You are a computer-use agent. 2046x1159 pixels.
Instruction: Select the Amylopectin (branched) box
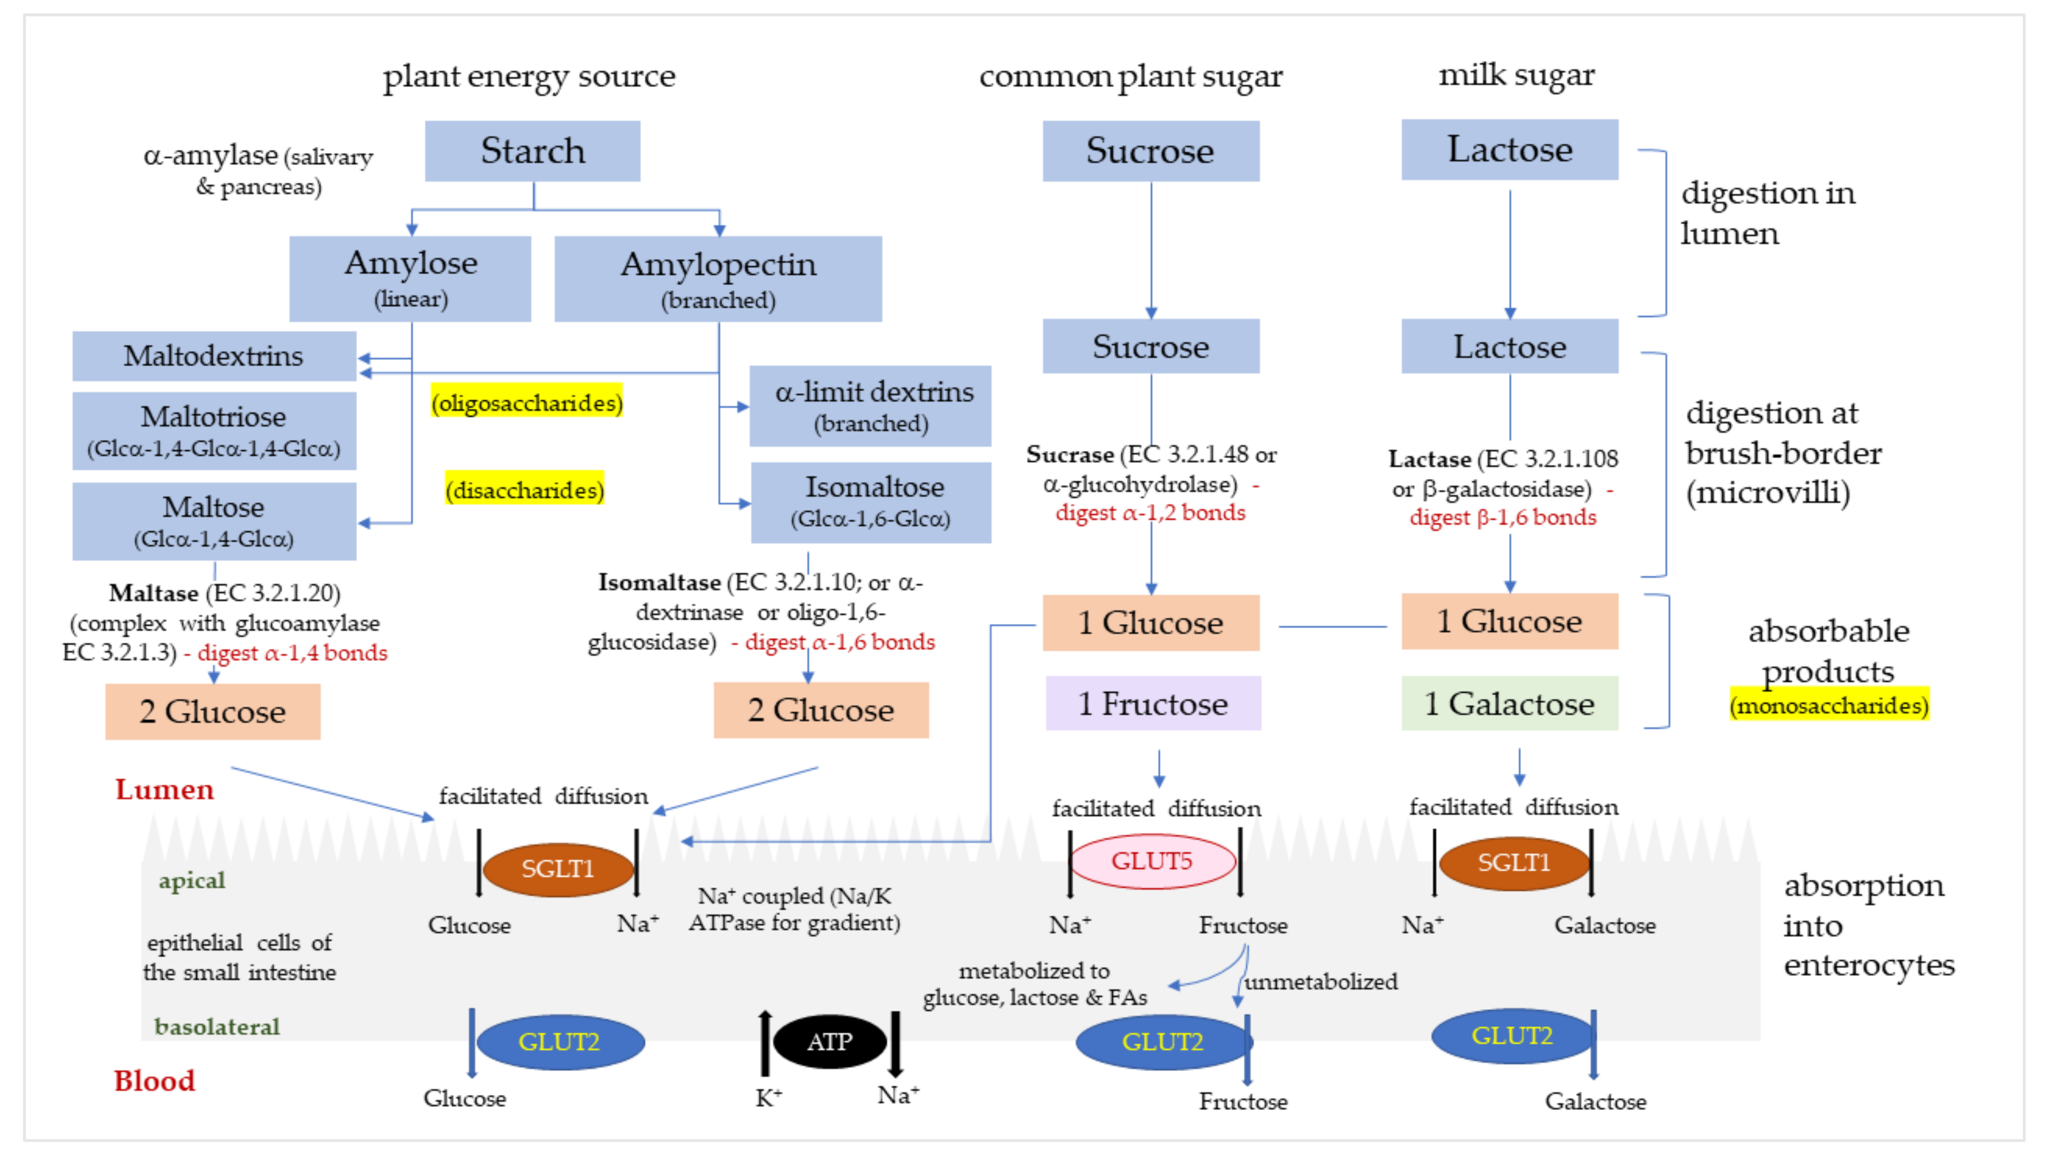pyautogui.click(x=718, y=279)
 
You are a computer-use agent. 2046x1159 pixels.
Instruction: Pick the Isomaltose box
pyautogui.click(x=872, y=502)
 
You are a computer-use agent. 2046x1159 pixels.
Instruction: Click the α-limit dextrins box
pyautogui.click(x=872, y=406)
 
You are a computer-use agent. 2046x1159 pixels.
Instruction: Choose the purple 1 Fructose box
pyautogui.click(x=1153, y=704)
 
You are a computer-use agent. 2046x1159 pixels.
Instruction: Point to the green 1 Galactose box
pyautogui.click(x=1509, y=704)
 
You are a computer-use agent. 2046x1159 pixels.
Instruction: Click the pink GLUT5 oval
pyautogui.click(x=1152, y=861)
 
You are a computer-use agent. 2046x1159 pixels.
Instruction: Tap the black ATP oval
pyautogui.click(x=830, y=1042)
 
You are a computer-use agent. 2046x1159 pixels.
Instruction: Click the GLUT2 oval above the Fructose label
pyautogui.click(x=1162, y=1042)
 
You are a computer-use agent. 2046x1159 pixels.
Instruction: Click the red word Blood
pyautogui.click(x=154, y=1081)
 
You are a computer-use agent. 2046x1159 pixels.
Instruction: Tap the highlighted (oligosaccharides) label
pyautogui.click(x=526, y=403)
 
